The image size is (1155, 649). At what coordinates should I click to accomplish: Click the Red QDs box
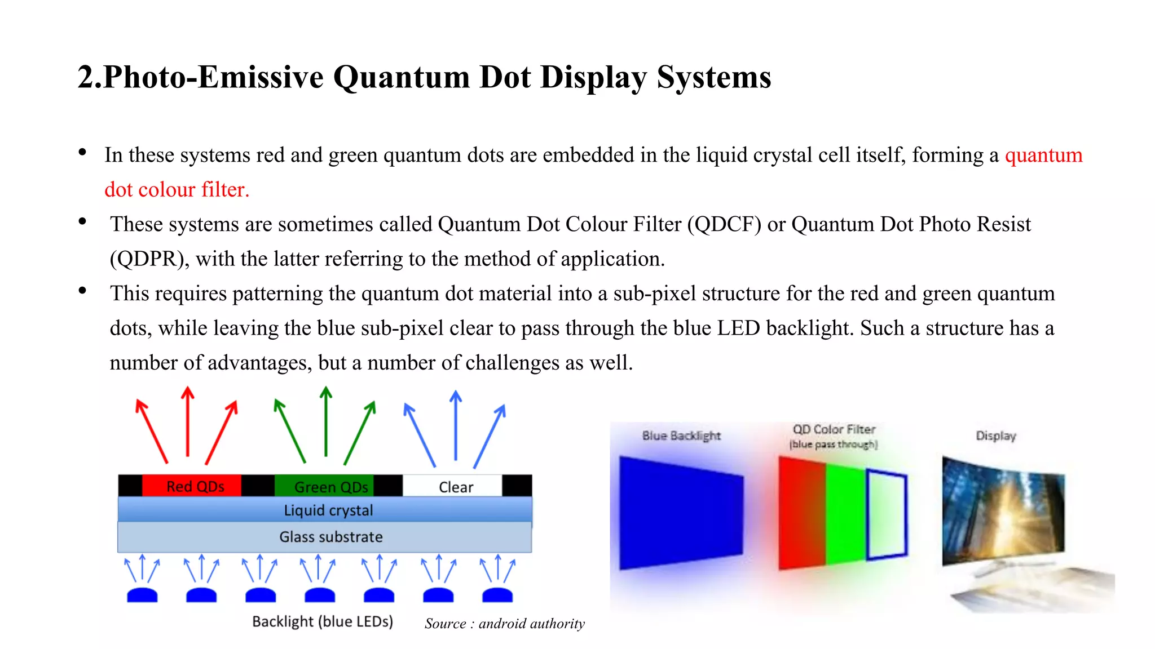(192, 486)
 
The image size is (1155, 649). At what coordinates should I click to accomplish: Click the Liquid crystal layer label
(328, 510)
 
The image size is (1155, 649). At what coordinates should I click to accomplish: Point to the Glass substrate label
(331, 537)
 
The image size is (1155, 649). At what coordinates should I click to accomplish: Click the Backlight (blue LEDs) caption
(323, 621)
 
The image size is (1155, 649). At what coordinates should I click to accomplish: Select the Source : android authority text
(504, 624)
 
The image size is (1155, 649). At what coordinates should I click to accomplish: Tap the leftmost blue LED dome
(142, 595)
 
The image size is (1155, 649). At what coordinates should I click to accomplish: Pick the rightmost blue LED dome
(497, 595)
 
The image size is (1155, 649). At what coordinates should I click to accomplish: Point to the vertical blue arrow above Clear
(456, 425)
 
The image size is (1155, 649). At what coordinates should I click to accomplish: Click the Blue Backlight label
(681, 435)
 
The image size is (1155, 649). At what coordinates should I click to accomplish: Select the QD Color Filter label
(834, 430)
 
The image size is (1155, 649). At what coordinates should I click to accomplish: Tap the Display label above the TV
(996, 435)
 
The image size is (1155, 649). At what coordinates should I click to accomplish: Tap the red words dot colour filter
(177, 190)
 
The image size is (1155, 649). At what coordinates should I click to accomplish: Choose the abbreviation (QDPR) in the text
(149, 259)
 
